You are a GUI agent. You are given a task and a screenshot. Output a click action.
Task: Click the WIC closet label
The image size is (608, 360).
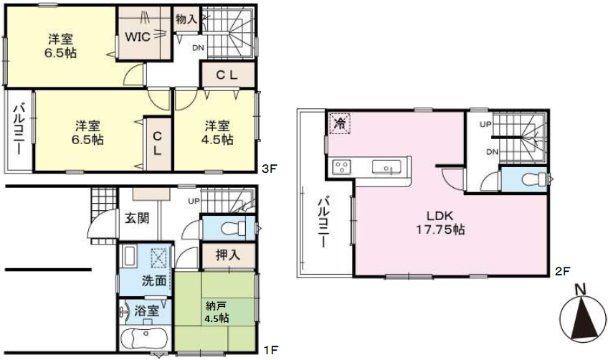(x=138, y=37)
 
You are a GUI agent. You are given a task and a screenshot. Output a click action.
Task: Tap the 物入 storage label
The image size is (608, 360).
(x=186, y=18)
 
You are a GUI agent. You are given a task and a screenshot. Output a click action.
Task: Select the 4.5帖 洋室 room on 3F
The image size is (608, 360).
(x=217, y=132)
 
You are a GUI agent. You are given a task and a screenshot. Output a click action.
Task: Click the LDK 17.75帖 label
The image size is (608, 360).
(x=440, y=223)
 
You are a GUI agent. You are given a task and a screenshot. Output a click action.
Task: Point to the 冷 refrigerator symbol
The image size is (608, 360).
(x=340, y=124)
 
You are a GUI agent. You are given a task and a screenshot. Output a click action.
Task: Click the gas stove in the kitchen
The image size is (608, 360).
(x=341, y=168)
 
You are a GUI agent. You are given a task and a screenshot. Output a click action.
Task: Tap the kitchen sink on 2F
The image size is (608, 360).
(x=386, y=167)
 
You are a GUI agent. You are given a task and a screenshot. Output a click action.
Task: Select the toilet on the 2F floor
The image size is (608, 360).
(x=533, y=179)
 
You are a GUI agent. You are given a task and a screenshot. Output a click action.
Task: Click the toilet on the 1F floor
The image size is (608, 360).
(x=233, y=228)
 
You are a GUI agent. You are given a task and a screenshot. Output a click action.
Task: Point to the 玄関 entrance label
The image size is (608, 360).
(x=137, y=218)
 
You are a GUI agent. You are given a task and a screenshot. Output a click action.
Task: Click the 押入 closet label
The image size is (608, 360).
(x=228, y=255)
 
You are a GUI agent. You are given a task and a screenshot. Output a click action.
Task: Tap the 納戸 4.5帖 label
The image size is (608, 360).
(x=217, y=312)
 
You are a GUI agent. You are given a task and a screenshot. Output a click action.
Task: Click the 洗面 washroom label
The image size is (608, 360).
(x=153, y=280)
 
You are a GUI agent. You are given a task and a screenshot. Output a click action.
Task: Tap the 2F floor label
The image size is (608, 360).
(x=562, y=271)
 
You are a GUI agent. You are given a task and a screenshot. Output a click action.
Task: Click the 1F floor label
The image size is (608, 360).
(x=270, y=350)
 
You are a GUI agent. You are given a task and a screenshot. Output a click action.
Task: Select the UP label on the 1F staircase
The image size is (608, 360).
(x=194, y=202)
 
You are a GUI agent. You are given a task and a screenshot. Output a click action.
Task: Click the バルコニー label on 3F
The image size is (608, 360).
(x=19, y=129)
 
